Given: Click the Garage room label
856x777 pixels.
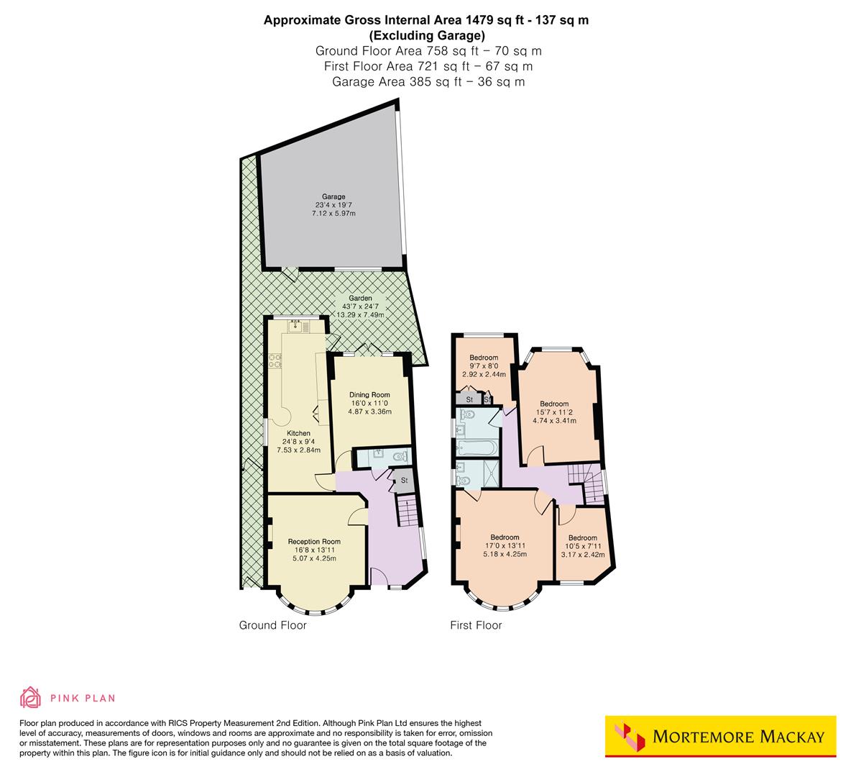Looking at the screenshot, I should click(x=333, y=196).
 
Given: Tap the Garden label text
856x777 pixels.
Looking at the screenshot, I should click(x=360, y=298).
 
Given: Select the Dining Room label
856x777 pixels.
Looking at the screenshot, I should click(x=369, y=394).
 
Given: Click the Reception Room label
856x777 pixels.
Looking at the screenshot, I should click(x=314, y=542).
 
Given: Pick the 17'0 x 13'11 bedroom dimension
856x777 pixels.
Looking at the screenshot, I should click(x=505, y=546).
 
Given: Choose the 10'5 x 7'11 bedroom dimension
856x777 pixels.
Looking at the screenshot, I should click(x=582, y=546).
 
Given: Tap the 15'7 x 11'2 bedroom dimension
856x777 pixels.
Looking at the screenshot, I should click(x=554, y=412).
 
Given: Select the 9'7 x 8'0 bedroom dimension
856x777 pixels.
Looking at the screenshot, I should click(x=484, y=366).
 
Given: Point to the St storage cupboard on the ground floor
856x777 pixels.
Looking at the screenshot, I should click(x=404, y=480).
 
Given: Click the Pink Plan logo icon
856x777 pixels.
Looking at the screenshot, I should click(x=31, y=697).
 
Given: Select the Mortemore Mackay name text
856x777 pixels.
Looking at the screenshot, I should click(x=738, y=737).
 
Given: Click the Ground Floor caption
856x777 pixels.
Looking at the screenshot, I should click(x=273, y=625).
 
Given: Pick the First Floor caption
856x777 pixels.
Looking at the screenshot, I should click(x=476, y=625).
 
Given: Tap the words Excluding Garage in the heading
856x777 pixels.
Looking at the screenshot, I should click(x=427, y=35).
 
